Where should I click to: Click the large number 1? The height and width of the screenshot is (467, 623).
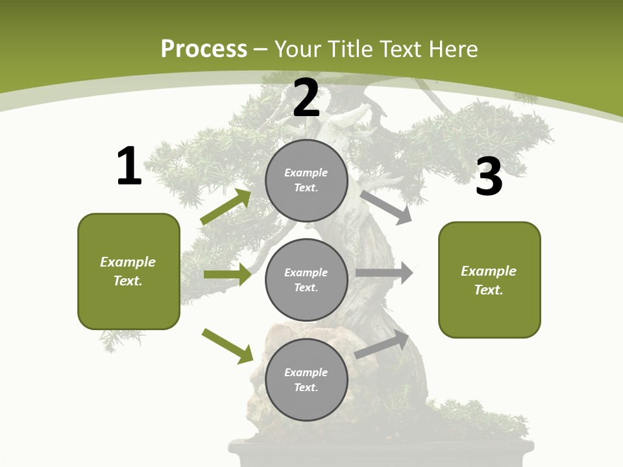point(129,166)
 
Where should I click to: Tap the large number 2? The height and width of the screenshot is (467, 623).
point(306,98)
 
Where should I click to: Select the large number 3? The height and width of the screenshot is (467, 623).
point(489,177)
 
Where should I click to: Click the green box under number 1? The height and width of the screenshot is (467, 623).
point(128,271)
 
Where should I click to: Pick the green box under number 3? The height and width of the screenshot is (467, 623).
point(489,280)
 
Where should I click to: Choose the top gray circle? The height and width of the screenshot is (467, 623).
point(306,180)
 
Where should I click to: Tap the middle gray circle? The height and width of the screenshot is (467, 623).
point(306,280)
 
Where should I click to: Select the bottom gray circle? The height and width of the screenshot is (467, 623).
point(306,379)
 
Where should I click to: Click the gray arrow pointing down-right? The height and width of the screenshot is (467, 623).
point(385,207)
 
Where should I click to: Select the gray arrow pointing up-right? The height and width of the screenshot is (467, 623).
point(382,344)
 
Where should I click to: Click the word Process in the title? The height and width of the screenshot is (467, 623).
point(204,49)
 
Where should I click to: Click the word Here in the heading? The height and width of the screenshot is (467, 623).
point(452,49)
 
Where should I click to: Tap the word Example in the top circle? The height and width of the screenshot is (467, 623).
point(306,173)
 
